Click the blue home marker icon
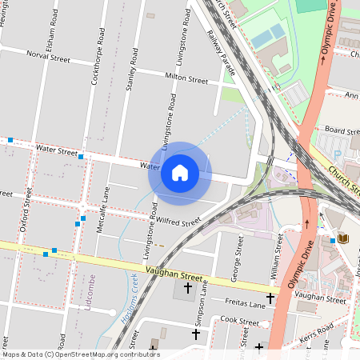click(180, 173)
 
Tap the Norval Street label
click(48, 57)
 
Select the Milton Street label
click(186, 80)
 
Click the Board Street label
click(341, 130)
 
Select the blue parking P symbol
click(336, 153)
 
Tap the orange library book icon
click(343, 238)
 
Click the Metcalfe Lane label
click(102, 210)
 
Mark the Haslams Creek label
click(126, 300)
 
